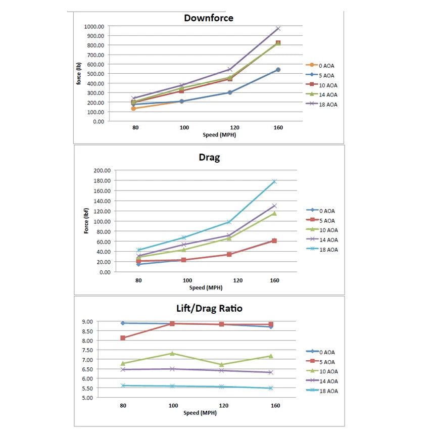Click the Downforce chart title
pos(208,18)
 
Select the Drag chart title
pos(209,157)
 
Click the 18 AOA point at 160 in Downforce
pos(278,28)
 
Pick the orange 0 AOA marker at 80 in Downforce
pos(134,109)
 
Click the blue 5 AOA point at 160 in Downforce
pos(278,70)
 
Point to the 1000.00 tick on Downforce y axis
pos(94,26)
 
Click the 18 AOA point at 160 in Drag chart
pos(274,181)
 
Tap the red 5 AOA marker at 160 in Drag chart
pos(274,240)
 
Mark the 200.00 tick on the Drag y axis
pos(102,170)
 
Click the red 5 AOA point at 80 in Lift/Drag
pos(123,338)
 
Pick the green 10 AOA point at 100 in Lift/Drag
pos(172,353)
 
